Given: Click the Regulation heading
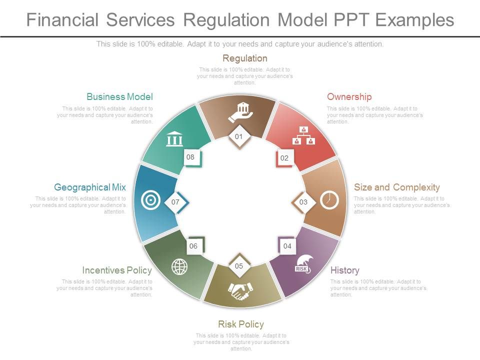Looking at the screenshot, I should coord(244,58).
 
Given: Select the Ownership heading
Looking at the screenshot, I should coord(349,97).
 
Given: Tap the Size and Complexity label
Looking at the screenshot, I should coord(396,187).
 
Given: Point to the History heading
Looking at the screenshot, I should coord(344,270).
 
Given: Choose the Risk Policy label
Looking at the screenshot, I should coord(240,324).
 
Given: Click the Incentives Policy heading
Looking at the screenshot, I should coord(116,270).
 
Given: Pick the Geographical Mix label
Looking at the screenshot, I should coord(90,187).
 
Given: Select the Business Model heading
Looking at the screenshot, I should coord(119,97).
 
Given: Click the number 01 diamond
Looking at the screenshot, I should coord(239,136).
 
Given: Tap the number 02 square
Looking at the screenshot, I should coord(284,158).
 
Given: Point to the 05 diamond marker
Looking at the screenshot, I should coord(239,266).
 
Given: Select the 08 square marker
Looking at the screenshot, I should coord(190,157).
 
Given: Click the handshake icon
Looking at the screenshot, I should coord(240,291).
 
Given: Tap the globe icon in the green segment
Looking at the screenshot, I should coord(179,266).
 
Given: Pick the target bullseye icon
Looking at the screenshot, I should coord(150,200).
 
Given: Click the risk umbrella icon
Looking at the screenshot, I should coord(303,264).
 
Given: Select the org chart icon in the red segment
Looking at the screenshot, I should coord(303,135).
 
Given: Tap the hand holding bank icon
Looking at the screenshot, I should coord(240,112).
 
